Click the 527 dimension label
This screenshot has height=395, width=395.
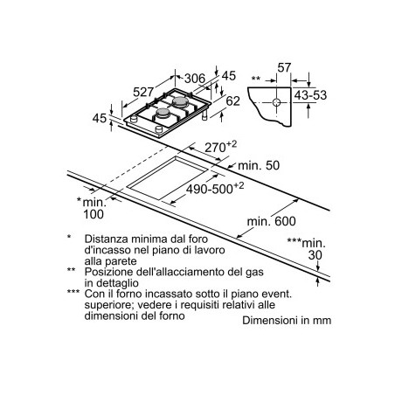click(143, 92)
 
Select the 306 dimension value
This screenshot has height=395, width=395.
click(195, 79)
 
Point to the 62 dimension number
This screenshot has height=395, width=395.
click(233, 101)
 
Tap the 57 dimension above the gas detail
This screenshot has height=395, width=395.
click(284, 67)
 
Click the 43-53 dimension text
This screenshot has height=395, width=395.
click(310, 95)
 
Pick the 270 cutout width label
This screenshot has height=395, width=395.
click(220, 147)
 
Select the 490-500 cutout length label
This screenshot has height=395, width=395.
click(215, 189)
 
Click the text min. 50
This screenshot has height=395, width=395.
click(259, 165)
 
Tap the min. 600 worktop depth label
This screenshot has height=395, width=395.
click(272, 221)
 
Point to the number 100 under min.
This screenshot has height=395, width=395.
click(94, 214)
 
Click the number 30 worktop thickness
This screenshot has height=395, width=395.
click(315, 255)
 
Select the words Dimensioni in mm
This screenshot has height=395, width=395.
click(287, 321)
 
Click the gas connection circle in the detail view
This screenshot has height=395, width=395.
click(276, 102)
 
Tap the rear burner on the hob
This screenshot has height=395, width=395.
click(180, 101)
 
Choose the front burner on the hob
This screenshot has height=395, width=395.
click(163, 114)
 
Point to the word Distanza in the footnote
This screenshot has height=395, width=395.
click(107, 239)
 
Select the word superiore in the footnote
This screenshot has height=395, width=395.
click(108, 305)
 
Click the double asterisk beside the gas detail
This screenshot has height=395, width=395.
click(256, 79)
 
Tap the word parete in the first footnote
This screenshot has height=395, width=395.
click(123, 261)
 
